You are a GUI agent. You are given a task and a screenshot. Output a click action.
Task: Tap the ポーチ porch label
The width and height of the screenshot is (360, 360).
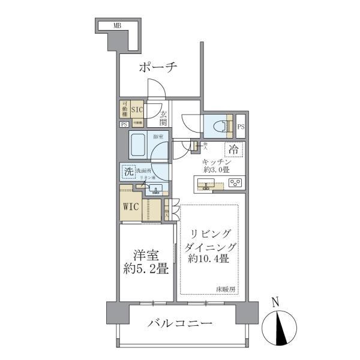(x=158, y=68)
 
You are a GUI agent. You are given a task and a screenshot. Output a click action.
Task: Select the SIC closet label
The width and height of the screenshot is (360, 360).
(x=137, y=109)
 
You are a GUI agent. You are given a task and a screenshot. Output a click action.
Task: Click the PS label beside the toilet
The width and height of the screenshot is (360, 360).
(x=241, y=127)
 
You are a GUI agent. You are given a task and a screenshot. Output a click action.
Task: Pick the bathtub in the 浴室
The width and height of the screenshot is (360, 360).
(x=139, y=146)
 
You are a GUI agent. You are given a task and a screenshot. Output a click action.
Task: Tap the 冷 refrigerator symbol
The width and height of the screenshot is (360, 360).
(x=235, y=150)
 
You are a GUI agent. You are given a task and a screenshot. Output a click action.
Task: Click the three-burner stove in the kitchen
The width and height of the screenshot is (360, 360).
(x=235, y=182)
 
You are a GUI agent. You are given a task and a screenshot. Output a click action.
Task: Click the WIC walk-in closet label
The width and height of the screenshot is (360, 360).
(x=131, y=207)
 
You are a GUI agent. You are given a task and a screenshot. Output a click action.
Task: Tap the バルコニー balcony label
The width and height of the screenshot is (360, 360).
(x=180, y=324)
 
